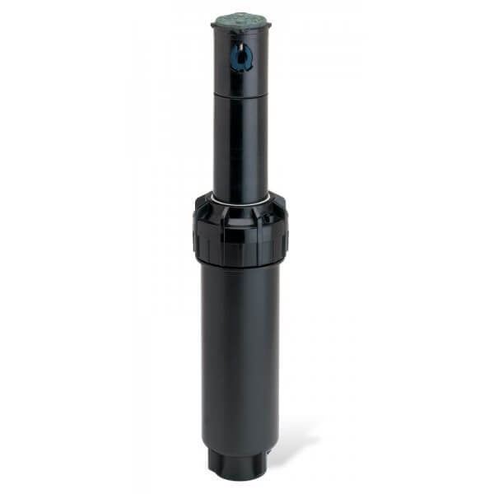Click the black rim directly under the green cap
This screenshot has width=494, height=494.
(241, 32)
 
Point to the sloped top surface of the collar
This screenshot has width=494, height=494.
(239, 206)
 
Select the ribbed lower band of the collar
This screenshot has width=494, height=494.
(239, 251)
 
